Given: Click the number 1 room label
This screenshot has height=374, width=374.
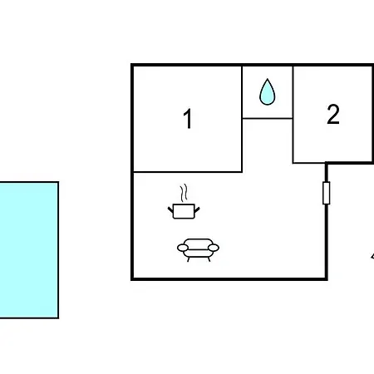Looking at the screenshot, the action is (x=188, y=119).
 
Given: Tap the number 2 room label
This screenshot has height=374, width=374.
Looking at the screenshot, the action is (x=333, y=114).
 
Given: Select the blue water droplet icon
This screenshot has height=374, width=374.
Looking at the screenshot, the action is (x=268, y=92).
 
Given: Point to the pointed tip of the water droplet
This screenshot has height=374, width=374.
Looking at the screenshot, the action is (x=268, y=79).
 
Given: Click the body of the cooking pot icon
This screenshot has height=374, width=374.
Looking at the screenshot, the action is (x=184, y=211).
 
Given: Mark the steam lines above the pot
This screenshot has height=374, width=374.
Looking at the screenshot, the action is (x=184, y=193).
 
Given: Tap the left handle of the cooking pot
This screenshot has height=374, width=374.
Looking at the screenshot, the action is (x=170, y=210).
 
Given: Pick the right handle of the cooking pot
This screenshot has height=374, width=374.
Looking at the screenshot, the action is (x=197, y=210).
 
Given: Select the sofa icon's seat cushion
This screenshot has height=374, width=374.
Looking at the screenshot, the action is (x=198, y=253).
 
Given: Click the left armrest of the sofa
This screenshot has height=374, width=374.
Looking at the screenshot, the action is (x=183, y=248).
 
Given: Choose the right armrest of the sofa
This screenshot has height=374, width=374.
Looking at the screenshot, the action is (x=214, y=248).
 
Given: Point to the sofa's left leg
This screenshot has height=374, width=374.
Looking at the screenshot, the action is (x=189, y=259).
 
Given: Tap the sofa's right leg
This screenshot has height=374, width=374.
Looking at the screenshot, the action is (x=209, y=259).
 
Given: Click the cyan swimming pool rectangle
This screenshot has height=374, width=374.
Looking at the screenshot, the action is (x=29, y=250).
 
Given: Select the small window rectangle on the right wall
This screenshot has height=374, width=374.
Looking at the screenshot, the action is (x=327, y=193).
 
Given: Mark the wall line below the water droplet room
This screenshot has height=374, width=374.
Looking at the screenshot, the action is (x=268, y=118).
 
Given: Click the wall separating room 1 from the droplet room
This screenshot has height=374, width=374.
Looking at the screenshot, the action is (x=242, y=92).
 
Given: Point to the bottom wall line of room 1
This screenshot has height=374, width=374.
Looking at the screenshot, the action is (x=188, y=172).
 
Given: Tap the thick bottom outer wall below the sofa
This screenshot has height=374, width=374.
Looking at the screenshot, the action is (x=229, y=279).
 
